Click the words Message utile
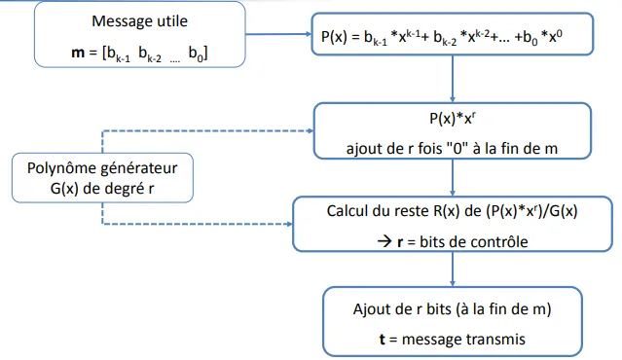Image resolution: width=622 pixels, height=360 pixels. pos(139,20)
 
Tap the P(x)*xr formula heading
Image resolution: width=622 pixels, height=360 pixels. pos(451,120)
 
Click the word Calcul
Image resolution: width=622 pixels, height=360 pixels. pos(348,209)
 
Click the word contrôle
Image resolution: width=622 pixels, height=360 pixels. pos(495,236)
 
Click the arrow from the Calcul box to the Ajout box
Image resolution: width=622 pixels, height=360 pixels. pos(452,267)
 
